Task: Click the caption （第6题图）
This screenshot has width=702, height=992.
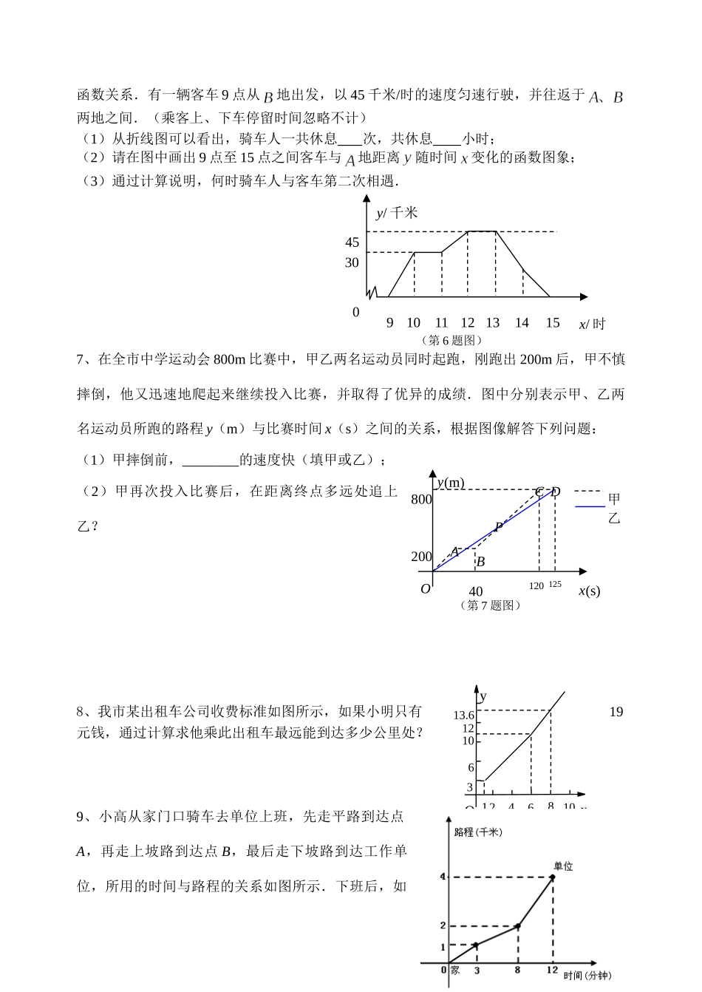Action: [451, 340]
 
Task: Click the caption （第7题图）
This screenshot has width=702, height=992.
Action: [491, 605]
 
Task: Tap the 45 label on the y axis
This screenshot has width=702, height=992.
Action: [352, 242]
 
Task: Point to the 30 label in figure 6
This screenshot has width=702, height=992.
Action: [352, 262]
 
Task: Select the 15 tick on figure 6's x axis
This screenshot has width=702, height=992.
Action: [553, 322]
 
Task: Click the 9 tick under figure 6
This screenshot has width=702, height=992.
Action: [390, 322]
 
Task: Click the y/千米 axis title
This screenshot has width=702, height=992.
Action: [397, 213]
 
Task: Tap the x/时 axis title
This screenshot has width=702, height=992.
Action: [591, 324]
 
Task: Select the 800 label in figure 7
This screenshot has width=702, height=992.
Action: [421, 500]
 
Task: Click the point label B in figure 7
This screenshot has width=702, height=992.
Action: [480, 562]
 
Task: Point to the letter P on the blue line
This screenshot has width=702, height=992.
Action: [499, 527]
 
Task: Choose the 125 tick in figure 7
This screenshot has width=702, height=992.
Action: [555, 584]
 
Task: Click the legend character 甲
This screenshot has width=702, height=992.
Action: [614, 500]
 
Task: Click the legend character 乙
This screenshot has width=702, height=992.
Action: [614, 517]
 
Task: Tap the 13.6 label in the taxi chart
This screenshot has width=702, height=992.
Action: [463, 715]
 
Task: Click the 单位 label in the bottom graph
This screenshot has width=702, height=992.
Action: [563, 866]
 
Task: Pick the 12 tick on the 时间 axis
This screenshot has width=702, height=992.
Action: [552, 971]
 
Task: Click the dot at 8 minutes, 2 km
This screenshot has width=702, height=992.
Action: [518, 925]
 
